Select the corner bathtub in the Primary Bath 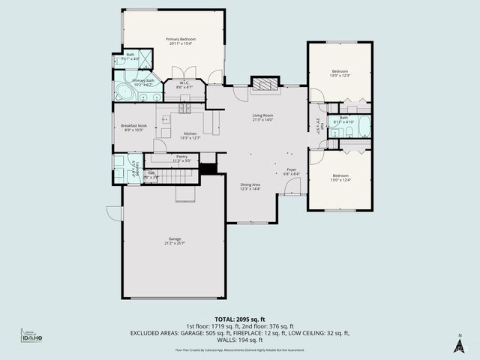click(122, 92)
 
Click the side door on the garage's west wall click(114, 213)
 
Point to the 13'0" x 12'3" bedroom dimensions click(341, 76)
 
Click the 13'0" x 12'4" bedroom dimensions click(340, 180)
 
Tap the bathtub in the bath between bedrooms click(362, 127)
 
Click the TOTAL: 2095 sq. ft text click(240, 319)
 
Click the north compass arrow click(459, 344)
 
